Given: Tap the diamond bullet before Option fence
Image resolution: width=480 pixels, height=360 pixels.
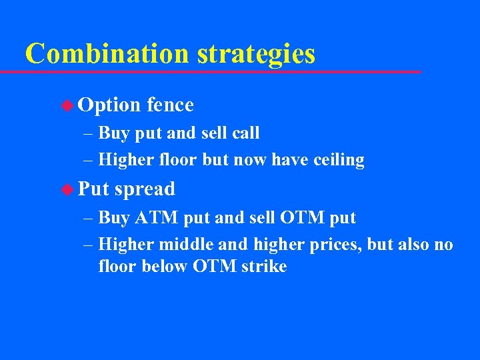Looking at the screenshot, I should [x=68, y=105].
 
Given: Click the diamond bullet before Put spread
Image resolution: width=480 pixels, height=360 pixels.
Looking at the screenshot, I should [x=68, y=189].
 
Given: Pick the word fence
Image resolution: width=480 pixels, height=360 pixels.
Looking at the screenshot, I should [x=170, y=105].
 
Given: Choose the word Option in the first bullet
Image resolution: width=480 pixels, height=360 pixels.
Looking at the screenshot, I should [x=109, y=105].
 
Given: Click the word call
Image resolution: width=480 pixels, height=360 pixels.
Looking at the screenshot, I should [x=245, y=133].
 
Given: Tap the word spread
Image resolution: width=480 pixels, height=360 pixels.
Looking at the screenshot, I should [x=145, y=190].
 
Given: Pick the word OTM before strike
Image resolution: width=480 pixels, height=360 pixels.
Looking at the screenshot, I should [x=213, y=267].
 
